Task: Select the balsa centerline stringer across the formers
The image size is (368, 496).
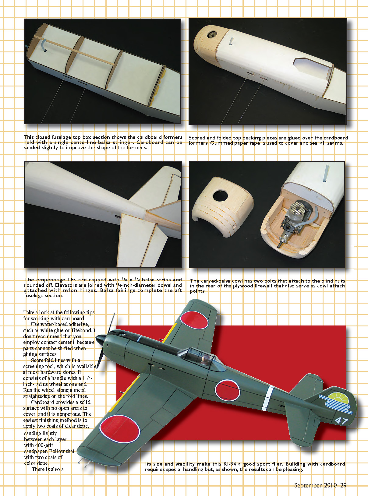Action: [x=74, y=51]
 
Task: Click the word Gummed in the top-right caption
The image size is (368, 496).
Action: [x=221, y=143]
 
